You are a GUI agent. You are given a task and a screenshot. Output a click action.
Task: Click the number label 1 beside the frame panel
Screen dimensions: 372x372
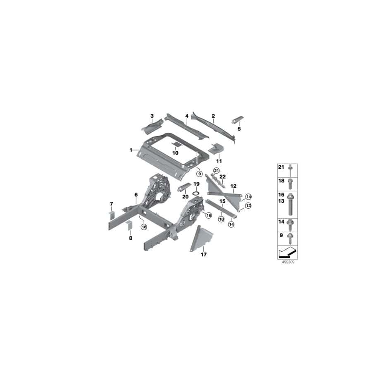click(131, 150)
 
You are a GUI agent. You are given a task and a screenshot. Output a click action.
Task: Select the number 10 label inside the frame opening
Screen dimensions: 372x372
click(175, 153)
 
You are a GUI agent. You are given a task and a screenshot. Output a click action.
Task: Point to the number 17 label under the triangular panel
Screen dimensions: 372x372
click(203, 255)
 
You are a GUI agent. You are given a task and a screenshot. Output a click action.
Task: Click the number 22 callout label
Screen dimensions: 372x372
click(222, 176)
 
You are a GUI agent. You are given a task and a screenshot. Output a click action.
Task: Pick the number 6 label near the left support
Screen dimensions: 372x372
click(136, 195)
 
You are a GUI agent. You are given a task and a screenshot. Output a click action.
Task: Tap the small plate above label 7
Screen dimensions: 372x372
click(111, 213)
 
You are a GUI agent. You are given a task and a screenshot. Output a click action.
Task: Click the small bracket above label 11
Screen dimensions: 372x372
click(216, 148)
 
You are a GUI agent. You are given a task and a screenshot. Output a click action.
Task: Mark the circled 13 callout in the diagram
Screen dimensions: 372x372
click(248, 205)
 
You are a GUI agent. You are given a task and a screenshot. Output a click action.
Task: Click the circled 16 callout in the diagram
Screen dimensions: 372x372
click(208, 215)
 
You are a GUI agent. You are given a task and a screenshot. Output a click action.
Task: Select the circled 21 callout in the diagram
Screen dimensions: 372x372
click(215, 170)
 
